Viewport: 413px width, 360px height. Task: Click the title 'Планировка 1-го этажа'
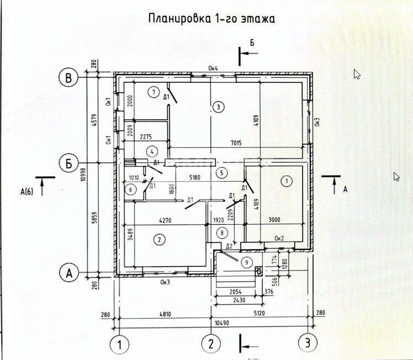(x=212, y=19)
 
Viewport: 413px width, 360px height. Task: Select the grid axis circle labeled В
(x=68, y=78)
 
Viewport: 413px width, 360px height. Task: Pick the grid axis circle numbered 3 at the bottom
(x=308, y=344)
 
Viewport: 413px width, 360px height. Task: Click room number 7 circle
(x=153, y=91)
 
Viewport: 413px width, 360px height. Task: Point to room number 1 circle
(x=286, y=181)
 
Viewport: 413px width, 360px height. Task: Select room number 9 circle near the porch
(x=247, y=262)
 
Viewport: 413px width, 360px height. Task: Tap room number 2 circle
(x=159, y=239)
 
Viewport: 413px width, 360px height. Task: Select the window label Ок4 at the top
(x=214, y=68)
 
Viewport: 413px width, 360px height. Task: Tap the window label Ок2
(x=279, y=239)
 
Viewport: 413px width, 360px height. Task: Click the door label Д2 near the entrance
(x=229, y=245)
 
